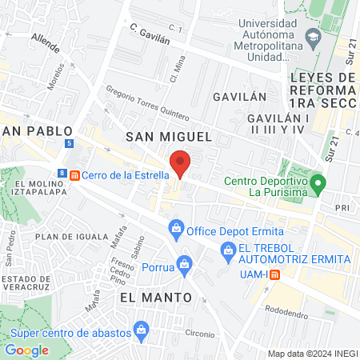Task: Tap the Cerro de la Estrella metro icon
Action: pos(74,175)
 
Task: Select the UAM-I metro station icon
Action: pos(274,274)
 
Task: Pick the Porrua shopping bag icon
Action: pos(186,262)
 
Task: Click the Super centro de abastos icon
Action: pos(142,328)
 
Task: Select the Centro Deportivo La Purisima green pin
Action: pos(318,184)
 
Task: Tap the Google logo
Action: pos(27,350)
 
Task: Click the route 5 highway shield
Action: pos(70,143)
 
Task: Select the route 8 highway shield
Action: pos(62,173)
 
